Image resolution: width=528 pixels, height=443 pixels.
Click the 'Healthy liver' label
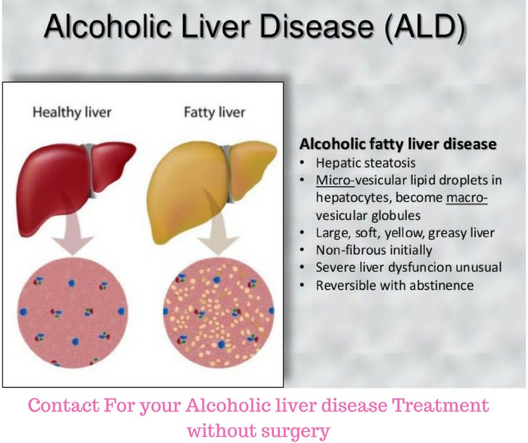[72, 112]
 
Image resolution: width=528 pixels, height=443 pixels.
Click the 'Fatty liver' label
[215, 112]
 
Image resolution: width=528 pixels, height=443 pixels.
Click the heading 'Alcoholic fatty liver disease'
[398, 144]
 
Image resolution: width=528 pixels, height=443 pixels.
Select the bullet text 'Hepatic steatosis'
[365, 163]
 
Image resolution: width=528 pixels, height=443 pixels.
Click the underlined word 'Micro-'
[335, 180]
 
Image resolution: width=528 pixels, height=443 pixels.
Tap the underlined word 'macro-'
[467, 198]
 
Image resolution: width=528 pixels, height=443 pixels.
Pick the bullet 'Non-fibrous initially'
[374, 250]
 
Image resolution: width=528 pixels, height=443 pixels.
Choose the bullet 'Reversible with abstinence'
[395, 285]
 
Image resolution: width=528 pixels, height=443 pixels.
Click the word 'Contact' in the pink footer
[63, 405]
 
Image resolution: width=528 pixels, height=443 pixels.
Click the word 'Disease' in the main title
[316, 26]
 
